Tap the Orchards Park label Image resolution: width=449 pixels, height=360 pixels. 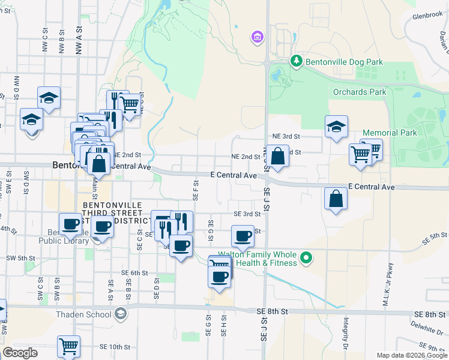[x=360, y=92]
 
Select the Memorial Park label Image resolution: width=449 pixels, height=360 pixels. [x=389, y=132]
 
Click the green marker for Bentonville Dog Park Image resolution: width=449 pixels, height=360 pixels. [x=295, y=61]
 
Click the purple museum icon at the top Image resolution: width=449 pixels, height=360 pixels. [x=258, y=38]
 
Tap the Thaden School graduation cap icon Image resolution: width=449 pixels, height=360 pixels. [x=121, y=314]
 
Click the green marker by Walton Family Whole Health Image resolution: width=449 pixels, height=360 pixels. [x=307, y=259]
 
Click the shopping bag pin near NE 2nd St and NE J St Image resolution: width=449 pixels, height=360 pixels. [x=277, y=157]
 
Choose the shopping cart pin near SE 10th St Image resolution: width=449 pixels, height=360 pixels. [x=68, y=347]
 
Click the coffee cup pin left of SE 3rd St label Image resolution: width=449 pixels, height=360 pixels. [x=243, y=236]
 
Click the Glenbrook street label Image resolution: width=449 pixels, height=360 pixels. [x=427, y=16]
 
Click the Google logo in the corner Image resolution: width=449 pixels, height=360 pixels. [x=20, y=353]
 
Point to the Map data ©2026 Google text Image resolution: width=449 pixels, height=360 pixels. [x=412, y=355]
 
